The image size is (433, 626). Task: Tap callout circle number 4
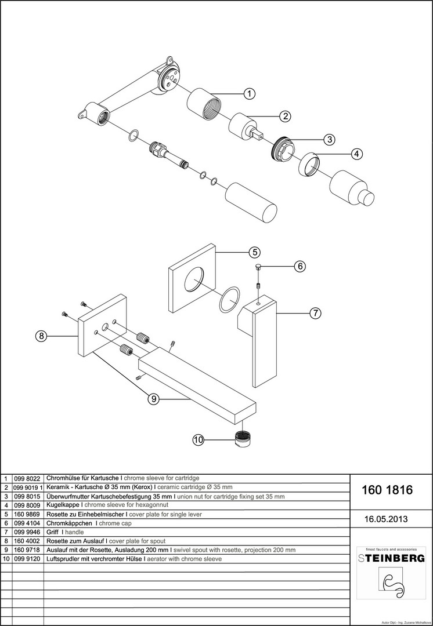[x=357, y=154]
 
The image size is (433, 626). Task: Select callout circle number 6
[x=300, y=266]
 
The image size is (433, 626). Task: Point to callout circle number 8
[x=40, y=336]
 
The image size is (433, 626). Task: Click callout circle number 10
[x=199, y=440]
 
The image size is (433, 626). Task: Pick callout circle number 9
[x=153, y=398]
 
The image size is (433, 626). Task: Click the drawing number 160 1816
[x=387, y=490]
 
